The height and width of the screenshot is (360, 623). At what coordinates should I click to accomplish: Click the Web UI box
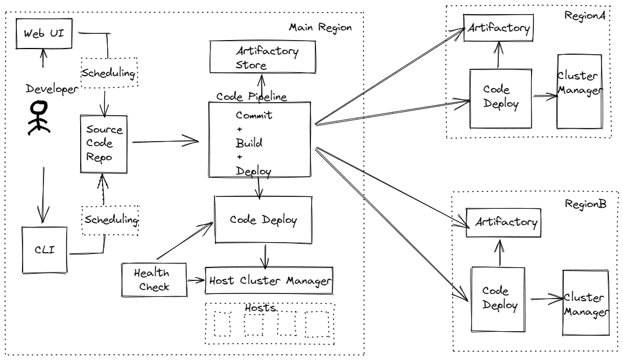click(44, 32)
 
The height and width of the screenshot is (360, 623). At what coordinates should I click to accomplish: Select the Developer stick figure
click(38, 117)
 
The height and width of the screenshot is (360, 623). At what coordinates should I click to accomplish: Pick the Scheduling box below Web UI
click(109, 73)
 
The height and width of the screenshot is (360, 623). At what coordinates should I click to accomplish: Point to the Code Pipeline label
click(251, 96)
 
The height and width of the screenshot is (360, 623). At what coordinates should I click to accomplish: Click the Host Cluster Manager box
click(267, 280)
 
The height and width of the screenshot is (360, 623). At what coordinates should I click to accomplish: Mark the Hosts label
click(260, 308)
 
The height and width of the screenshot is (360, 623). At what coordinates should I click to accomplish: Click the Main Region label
click(320, 27)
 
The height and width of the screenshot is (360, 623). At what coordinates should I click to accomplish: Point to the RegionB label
click(585, 203)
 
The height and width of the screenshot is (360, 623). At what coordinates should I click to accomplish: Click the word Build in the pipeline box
click(249, 143)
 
